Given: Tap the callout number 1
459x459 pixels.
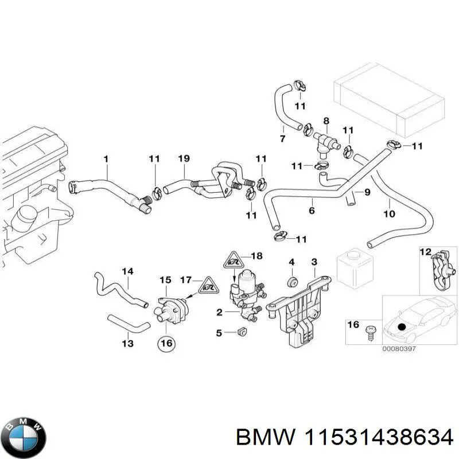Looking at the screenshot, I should pyautogui.click(x=106, y=158).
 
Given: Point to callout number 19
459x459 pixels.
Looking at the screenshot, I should pyautogui.click(x=183, y=158).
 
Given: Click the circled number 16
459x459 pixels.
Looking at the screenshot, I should pyautogui.click(x=165, y=343).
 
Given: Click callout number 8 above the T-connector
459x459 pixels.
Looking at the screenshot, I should pyautogui.click(x=326, y=121).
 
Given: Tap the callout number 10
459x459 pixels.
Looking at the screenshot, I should pyautogui.click(x=388, y=215).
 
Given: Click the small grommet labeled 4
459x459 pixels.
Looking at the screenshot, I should pyautogui.click(x=291, y=281).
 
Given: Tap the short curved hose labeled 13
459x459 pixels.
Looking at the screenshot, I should pyautogui.click(x=127, y=324).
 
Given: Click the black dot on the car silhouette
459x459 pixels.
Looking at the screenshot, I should pyautogui.click(x=401, y=326).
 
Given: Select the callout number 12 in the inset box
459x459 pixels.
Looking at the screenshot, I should pyautogui.click(x=426, y=251).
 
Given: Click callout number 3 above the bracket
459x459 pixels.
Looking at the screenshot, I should pyautogui.click(x=314, y=262).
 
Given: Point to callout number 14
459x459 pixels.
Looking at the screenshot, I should pyautogui.click(x=127, y=270).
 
